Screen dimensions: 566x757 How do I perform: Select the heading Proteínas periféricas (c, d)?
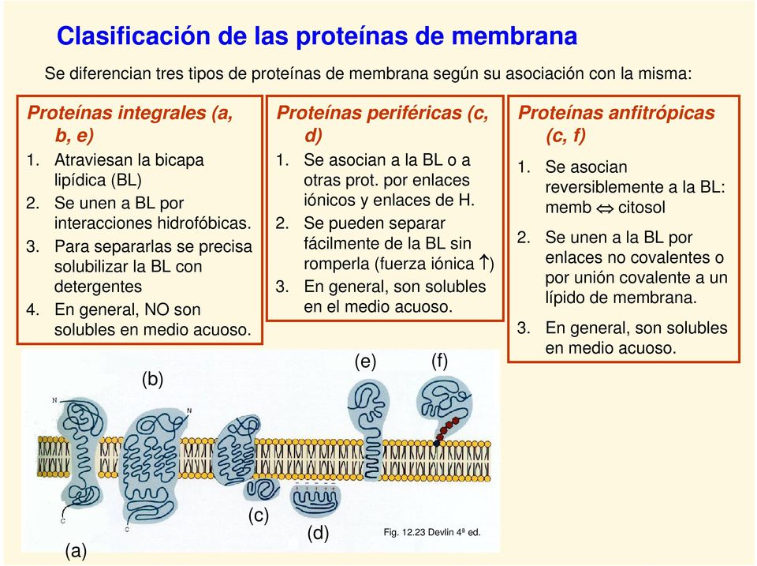(x=382, y=123)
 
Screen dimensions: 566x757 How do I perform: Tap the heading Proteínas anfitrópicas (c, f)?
(x=617, y=123)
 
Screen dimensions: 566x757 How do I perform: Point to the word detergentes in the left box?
(x=98, y=287)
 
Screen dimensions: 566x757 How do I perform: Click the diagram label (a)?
(x=76, y=551)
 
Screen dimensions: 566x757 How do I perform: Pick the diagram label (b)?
(x=152, y=379)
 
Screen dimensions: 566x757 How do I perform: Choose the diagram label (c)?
(x=258, y=515)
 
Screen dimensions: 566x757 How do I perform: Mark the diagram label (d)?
(x=318, y=533)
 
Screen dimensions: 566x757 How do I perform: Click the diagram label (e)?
(x=364, y=362)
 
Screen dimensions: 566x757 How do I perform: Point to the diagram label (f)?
(x=439, y=362)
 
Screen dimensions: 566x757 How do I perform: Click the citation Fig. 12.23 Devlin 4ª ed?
(x=431, y=533)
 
